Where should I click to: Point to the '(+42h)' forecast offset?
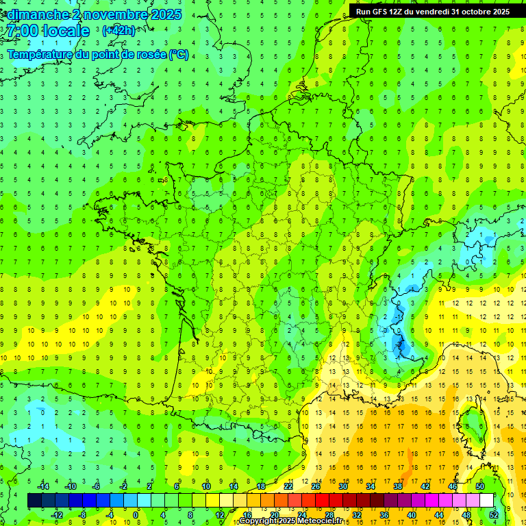pos(118,31)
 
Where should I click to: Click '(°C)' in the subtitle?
pos(178,55)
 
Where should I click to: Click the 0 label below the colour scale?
pos(136,514)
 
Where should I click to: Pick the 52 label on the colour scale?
pos(494,514)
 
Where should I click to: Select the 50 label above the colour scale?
pos(480,486)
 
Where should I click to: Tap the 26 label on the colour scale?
pos(316,486)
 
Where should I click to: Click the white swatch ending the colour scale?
pos(486,501)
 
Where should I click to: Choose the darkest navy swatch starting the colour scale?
pos(34,501)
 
